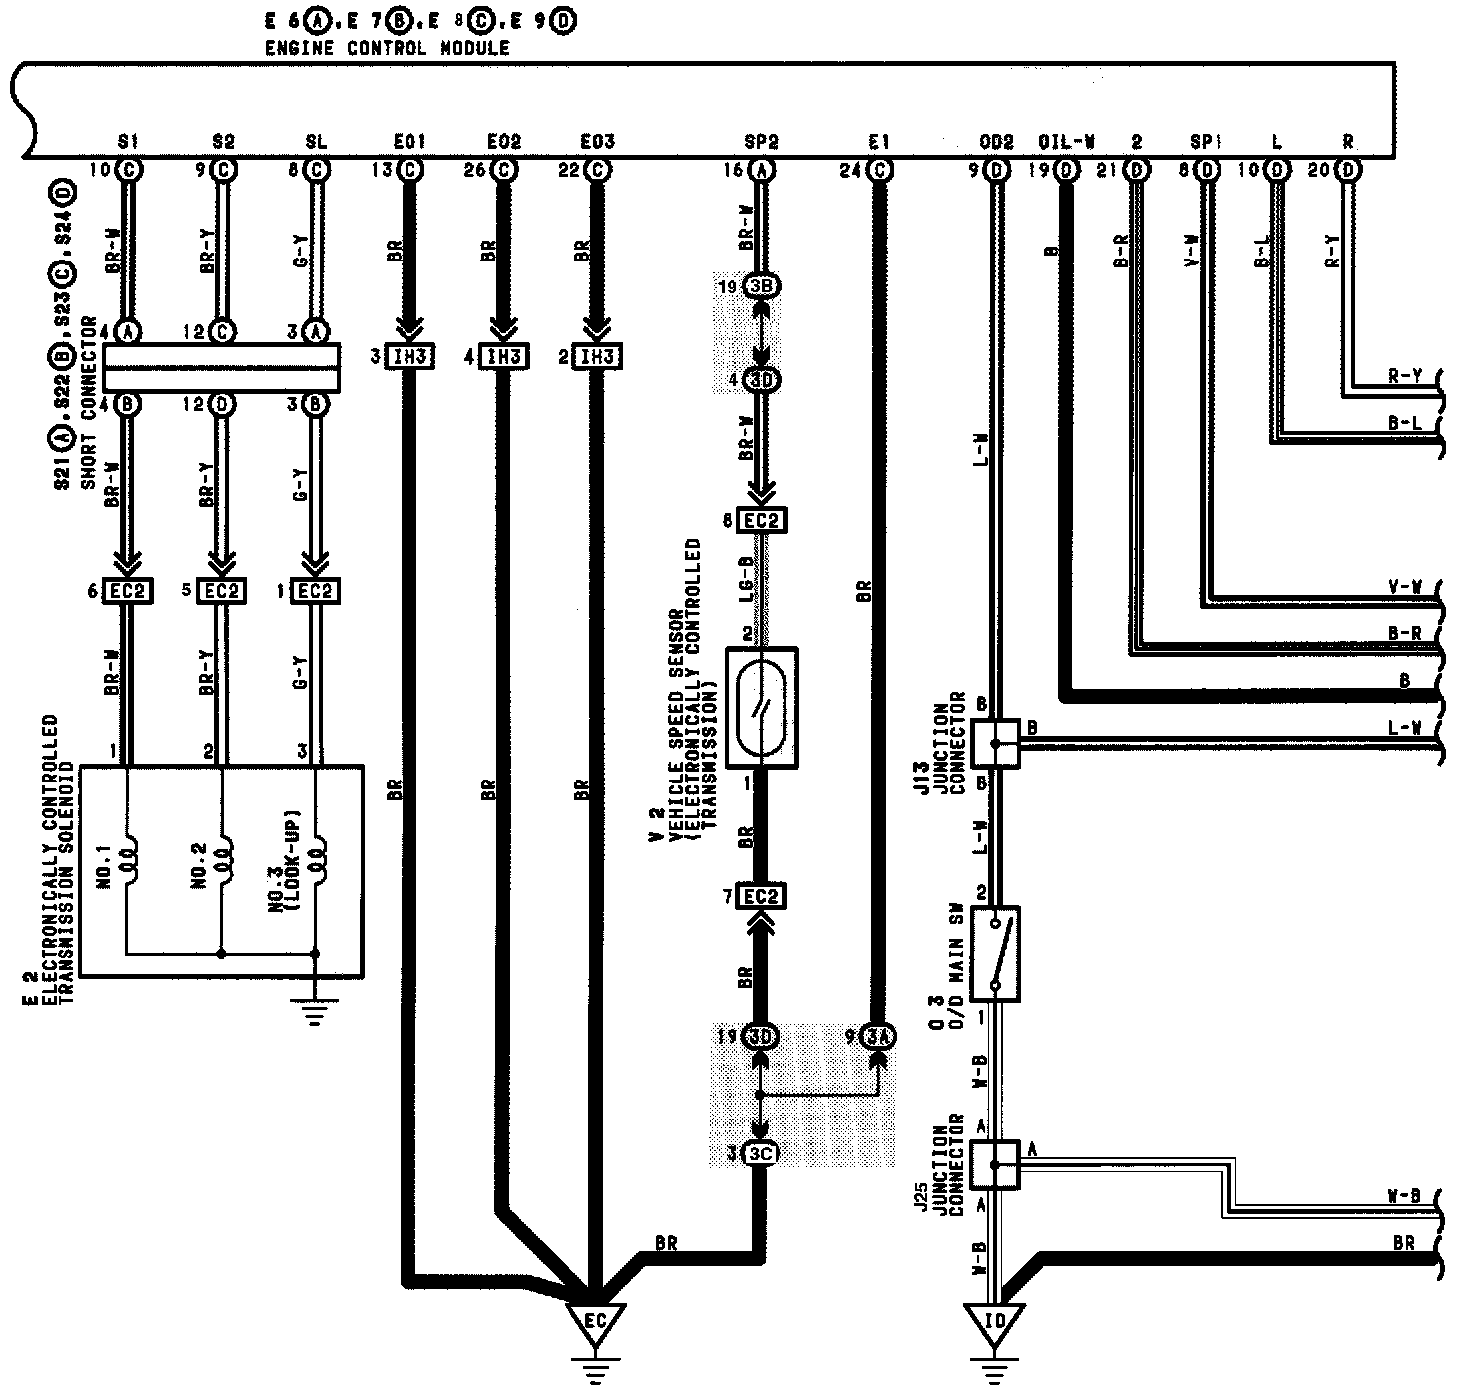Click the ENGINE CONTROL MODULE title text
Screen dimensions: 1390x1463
pyautogui.click(x=387, y=48)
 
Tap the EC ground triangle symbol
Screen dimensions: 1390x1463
pyautogui.click(x=595, y=1323)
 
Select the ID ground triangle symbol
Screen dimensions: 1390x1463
pyautogui.click(x=995, y=1323)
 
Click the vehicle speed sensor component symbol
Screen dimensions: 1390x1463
pyautogui.click(x=761, y=707)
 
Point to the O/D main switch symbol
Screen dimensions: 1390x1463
pyautogui.click(x=996, y=953)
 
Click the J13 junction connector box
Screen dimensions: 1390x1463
pyautogui.click(x=996, y=743)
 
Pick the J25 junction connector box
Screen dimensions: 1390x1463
pyautogui.click(x=996, y=1163)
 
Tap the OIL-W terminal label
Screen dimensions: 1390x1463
pyautogui.click(x=1065, y=143)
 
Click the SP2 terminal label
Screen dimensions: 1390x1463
pyautogui.click(x=761, y=143)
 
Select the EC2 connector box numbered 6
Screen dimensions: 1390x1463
pyautogui.click(x=127, y=590)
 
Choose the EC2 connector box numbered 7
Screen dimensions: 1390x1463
pyautogui.click(x=761, y=897)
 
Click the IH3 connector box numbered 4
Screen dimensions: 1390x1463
pyautogui.click(x=505, y=355)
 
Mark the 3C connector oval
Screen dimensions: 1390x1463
pyautogui.click(x=761, y=1154)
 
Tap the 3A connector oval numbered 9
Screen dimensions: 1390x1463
pyautogui.click(x=879, y=1036)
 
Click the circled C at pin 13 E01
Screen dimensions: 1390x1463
pyautogui.click(x=409, y=170)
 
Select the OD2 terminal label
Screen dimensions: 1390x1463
pyautogui.click(x=996, y=143)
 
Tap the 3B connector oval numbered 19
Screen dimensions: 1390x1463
pyautogui.click(x=763, y=286)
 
